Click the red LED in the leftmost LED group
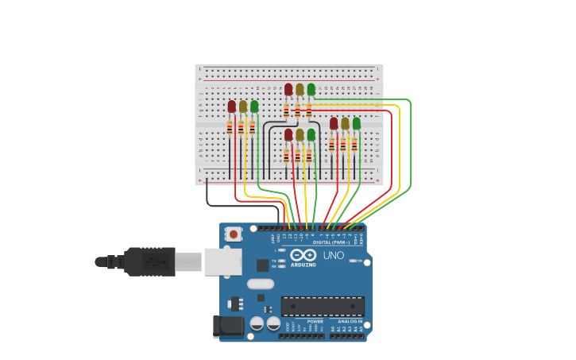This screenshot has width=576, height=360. point(232,106)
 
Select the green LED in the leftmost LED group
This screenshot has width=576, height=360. point(254,106)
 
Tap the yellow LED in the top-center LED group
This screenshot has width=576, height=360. point(300,90)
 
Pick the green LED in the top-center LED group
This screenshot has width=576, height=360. point(311,90)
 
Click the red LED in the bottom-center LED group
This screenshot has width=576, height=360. point(288,135)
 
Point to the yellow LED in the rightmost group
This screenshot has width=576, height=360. point(345,123)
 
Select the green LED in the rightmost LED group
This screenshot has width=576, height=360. point(357,123)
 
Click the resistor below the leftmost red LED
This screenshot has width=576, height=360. point(230,127)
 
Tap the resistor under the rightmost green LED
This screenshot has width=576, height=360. point(354,145)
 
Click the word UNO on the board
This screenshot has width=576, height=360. point(334,255)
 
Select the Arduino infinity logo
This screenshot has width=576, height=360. point(303,256)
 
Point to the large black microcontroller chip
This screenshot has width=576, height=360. point(323,307)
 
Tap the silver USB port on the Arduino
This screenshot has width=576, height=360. point(222,261)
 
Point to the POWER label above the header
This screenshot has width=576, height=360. point(304,321)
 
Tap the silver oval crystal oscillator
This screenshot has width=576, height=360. point(260,284)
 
